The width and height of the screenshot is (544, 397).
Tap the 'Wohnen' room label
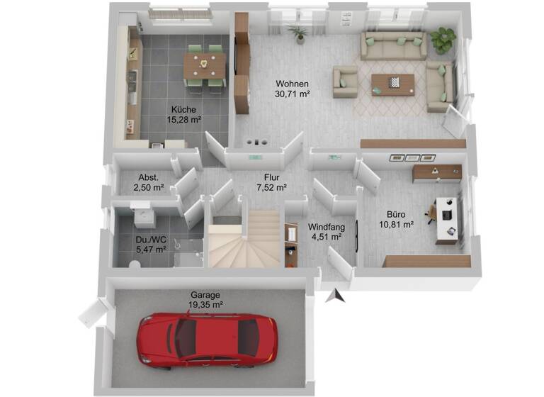pyautogui.click(x=293, y=83)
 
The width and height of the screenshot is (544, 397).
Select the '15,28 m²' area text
pyautogui.click(x=183, y=120)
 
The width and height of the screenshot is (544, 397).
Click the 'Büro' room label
pyautogui.click(x=395, y=214)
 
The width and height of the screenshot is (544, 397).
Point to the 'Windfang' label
pyautogui.click(x=326, y=228)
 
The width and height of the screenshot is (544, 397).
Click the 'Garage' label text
pyautogui.click(x=205, y=295)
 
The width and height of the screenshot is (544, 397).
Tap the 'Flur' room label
pyautogui.click(x=271, y=178)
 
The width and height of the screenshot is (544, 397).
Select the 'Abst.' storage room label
pyautogui.click(x=148, y=178)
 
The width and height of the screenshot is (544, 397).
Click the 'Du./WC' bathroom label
pyautogui.click(x=151, y=240)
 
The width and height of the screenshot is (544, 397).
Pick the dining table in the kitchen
pyautogui.click(x=204, y=66)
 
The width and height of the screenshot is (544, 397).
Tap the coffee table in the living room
pyautogui.click(x=390, y=83)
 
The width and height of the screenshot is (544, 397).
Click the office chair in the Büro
pyautogui.click(x=432, y=211)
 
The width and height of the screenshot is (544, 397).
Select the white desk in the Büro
pyautogui.click(x=448, y=216)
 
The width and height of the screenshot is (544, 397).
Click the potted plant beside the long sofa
pyautogui.click(x=443, y=40)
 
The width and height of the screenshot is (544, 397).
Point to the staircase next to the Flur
pyautogui.click(x=245, y=238)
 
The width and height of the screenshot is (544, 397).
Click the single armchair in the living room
pyautogui.click(x=346, y=82)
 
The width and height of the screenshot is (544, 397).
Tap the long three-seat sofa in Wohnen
pyautogui.click(x=393, y=46)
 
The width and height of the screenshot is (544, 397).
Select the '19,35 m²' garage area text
pyautogui.click(x=205, y=305)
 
